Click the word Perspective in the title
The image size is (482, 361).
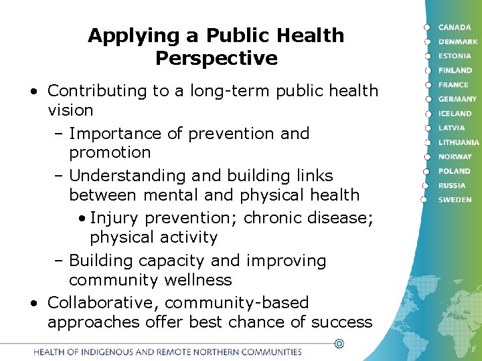coord(216,58)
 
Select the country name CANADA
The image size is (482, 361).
coord(455,27)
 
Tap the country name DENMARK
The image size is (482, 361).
coord(458,41)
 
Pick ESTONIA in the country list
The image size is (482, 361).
coord(455,56)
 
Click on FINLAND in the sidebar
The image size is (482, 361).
coord(455,70)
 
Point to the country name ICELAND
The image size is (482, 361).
coord(455,114)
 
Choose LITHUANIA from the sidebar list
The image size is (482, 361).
coord(459,142)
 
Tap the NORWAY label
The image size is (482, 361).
coord(455,156)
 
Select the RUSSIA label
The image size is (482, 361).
coord(452,185)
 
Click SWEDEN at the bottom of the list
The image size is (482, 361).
coord(455,200)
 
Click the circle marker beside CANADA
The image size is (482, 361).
coord(426,27)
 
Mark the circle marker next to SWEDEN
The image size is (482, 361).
coord(423,199)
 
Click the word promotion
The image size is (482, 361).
coord(110,152)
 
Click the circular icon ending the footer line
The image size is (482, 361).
coord(339,344)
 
